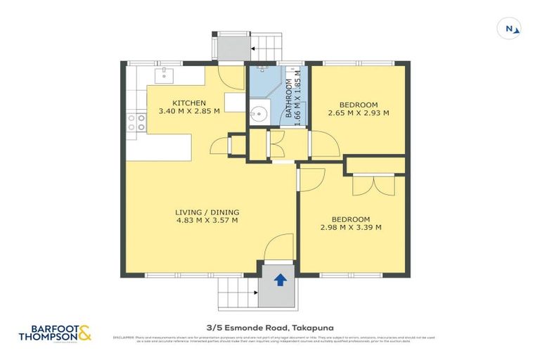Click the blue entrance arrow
(279, 280)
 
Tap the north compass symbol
(511, 28)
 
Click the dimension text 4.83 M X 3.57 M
(206, 220)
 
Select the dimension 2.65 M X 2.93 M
(358, 112)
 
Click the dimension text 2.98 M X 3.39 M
(350, 227)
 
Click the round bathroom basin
(258, 112)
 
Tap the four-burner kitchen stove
(136, 123)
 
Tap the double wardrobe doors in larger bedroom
(371, 184)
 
